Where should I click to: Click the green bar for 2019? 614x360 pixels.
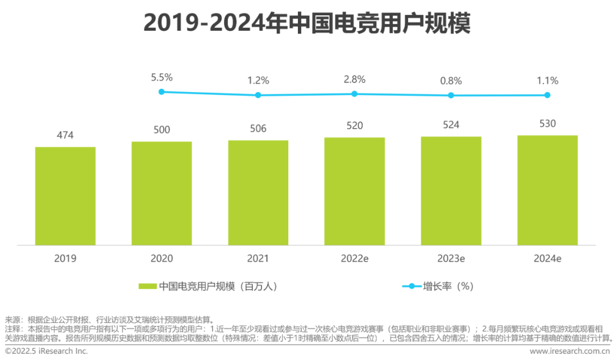click(x=65, y=196)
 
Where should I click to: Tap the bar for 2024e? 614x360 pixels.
click(x=547, y=190)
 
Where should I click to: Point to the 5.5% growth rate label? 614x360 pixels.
click(x=161, y=77)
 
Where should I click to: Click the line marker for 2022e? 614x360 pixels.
click(x=354, y=93)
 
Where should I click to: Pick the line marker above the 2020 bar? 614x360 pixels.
click(x=161, y=91)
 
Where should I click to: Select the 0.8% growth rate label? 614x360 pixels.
click(x=451, y=81)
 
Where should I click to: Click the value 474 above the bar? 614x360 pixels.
click(x=65, y=135)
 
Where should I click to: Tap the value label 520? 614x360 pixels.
click(x=355, y=125)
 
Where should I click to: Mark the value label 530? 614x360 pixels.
click(x=547, y=123)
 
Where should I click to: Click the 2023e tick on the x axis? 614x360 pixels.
click(x=451, y=259)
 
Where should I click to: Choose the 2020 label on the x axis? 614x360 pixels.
click(x=161, y=259)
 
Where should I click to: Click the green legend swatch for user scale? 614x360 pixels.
click(x=147, y=287)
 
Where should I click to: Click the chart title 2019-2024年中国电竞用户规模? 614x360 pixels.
click(x=307, y=23)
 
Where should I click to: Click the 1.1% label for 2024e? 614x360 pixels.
click(x=547, y=81)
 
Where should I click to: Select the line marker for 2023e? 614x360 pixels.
click(x=451, y=95)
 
